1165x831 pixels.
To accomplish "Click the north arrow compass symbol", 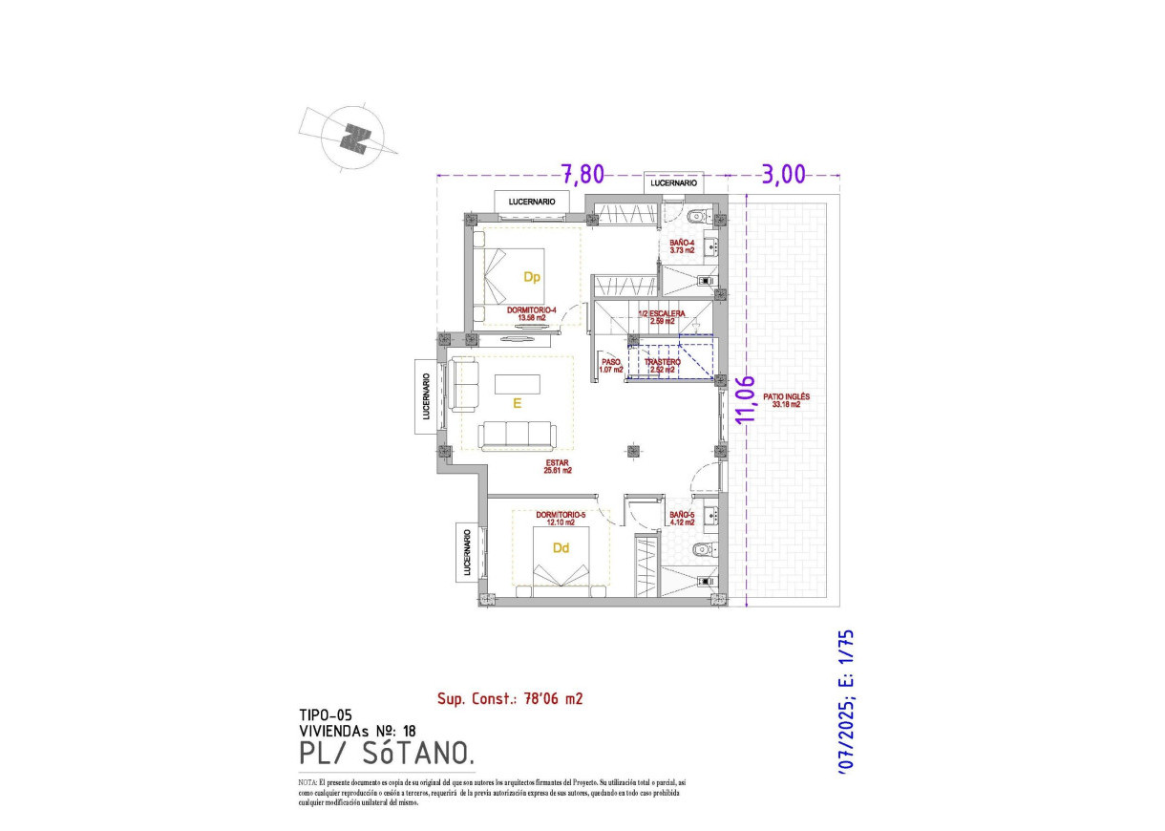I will pos(356,139).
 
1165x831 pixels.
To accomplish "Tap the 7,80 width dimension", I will pos(582,174).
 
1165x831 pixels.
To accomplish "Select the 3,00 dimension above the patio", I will pos(783,174).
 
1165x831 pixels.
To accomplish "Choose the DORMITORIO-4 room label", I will pos(533,312).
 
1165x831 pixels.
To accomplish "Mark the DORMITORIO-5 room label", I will pos(560,518).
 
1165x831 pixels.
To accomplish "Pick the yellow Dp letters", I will pos(532,278).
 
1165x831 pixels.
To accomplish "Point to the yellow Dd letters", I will pos(561,548).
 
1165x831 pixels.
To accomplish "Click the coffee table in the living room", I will pos(517,383).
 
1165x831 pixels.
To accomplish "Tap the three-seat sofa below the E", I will pos(518,436).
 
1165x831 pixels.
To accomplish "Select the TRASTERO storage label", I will pos(662,366).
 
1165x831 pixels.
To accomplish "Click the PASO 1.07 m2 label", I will pos(610,366).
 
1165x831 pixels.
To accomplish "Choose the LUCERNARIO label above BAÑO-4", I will pos(673,182).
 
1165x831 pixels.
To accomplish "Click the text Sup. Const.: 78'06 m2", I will pos(509,698).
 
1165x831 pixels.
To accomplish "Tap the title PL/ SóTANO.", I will pos(386,755).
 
